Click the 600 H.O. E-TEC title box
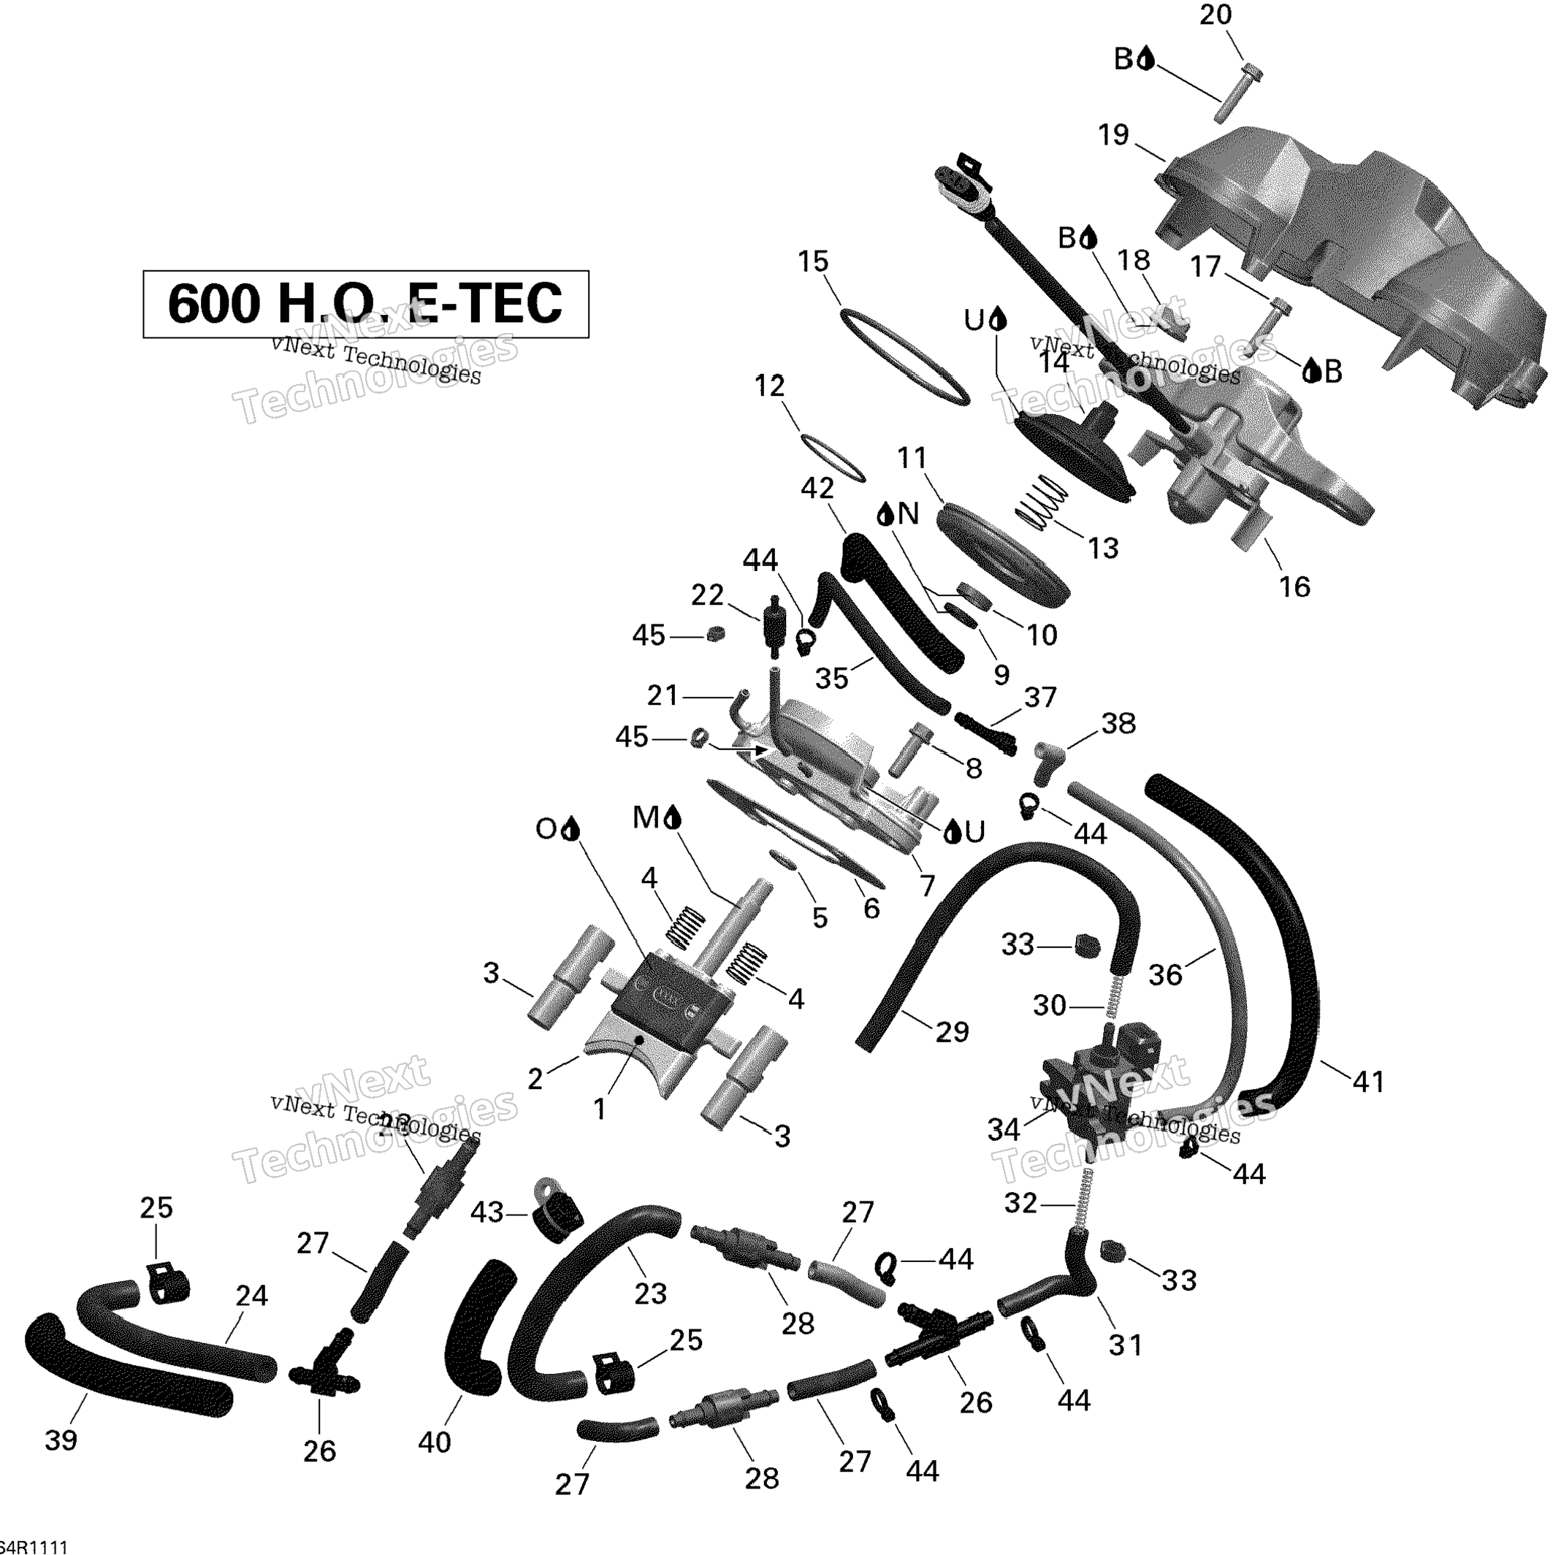[x=365, y=304]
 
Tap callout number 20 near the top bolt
[x=1215, y=15]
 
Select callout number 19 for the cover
[x=1112, y=135]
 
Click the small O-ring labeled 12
[x=832, y=457]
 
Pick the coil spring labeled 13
[x=1041, y=502]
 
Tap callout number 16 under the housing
[x=1294, y=587]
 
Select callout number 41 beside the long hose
[x=1368, y=1081]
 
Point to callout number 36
[x=1165, y=975]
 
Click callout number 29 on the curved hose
[x=952, y=1031]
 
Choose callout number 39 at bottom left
[x=61, y=1439]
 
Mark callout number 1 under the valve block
[x=599, y=1109]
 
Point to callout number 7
[x=928, y=885]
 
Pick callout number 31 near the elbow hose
[x=1126, y=1345]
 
